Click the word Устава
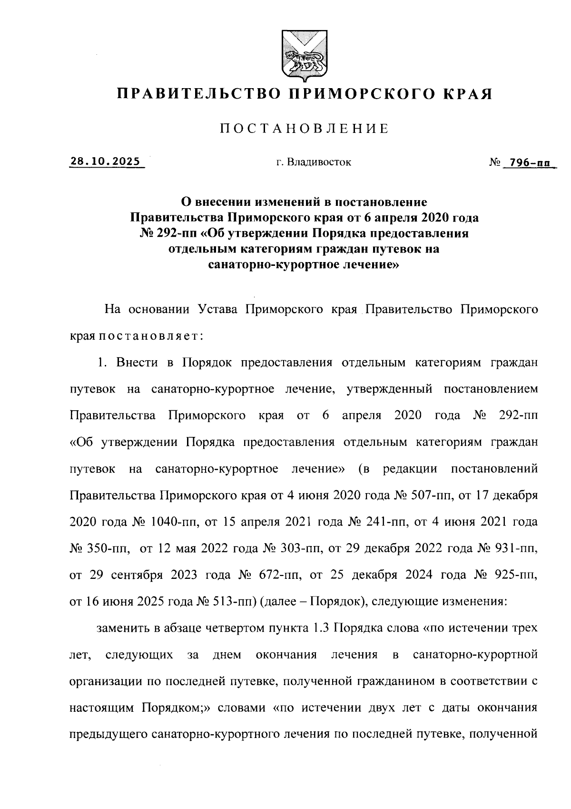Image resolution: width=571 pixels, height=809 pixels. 213,310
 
